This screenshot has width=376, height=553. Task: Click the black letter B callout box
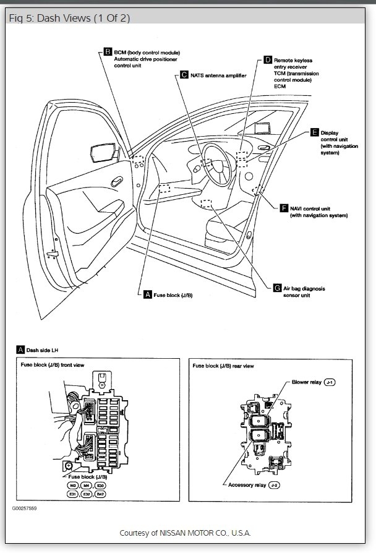tap(108, 53)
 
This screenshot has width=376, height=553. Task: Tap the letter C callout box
tap(184, 75)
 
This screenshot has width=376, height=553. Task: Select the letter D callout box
tap(268, 60)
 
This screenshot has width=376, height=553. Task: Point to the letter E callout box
tap(315, 132)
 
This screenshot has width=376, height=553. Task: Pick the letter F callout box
tap(284, 208)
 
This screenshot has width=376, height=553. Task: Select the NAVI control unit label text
tap(318, 212)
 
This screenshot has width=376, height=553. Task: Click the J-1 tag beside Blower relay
tap(330, 383)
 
